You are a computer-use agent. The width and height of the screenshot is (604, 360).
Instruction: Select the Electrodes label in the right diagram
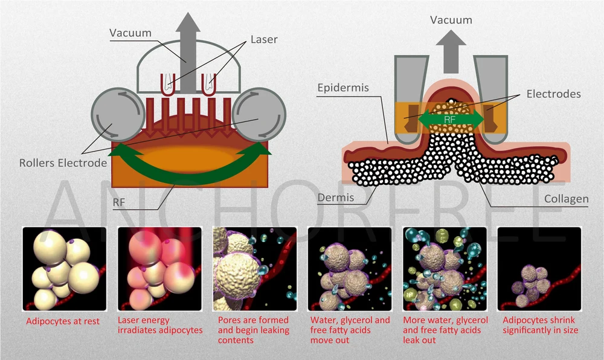pos(553,94)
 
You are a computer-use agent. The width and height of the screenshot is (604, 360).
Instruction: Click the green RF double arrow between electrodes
pos(450,118)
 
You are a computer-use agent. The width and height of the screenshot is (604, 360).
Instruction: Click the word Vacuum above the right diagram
pos(451,21)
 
